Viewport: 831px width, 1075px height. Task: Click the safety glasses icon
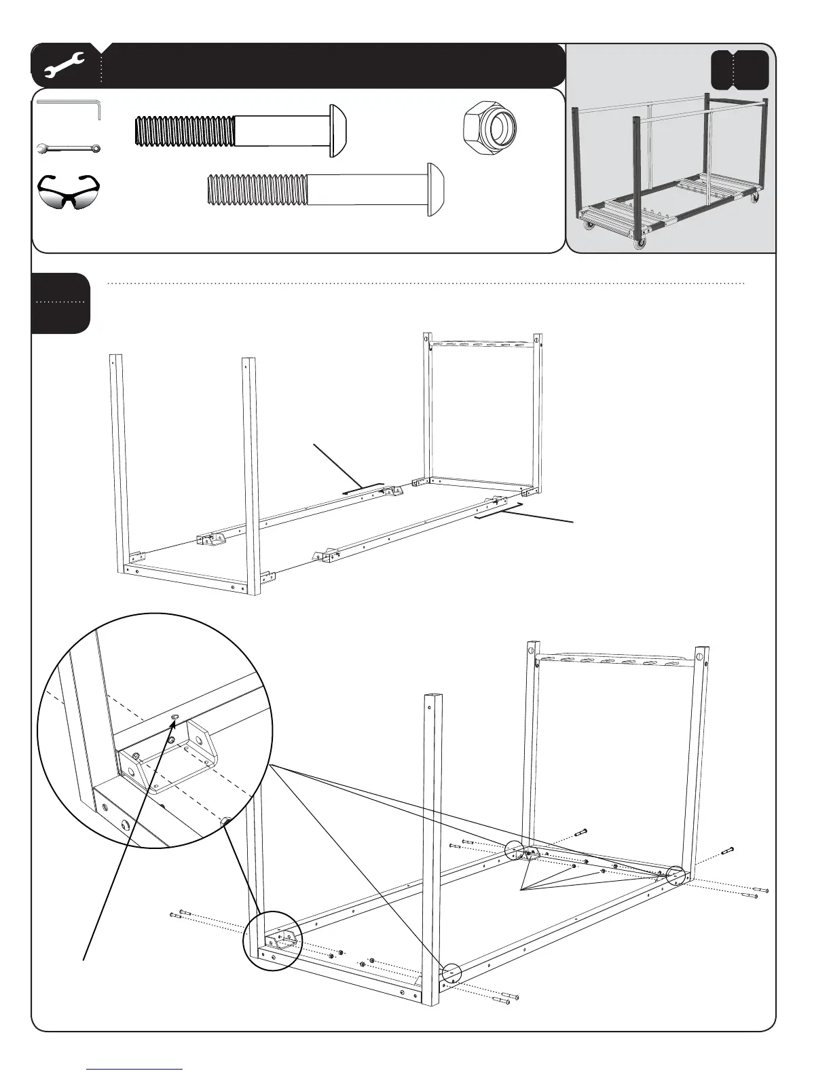coord(68,191)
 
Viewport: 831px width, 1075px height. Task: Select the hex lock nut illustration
coord(489,126)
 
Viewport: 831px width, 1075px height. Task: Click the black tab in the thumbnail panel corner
coord(739,70)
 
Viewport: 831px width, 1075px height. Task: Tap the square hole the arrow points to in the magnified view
coord(174,717)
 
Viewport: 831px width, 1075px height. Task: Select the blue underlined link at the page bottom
coord(135,1069)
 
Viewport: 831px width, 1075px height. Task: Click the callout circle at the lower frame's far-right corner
coord(676,875)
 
